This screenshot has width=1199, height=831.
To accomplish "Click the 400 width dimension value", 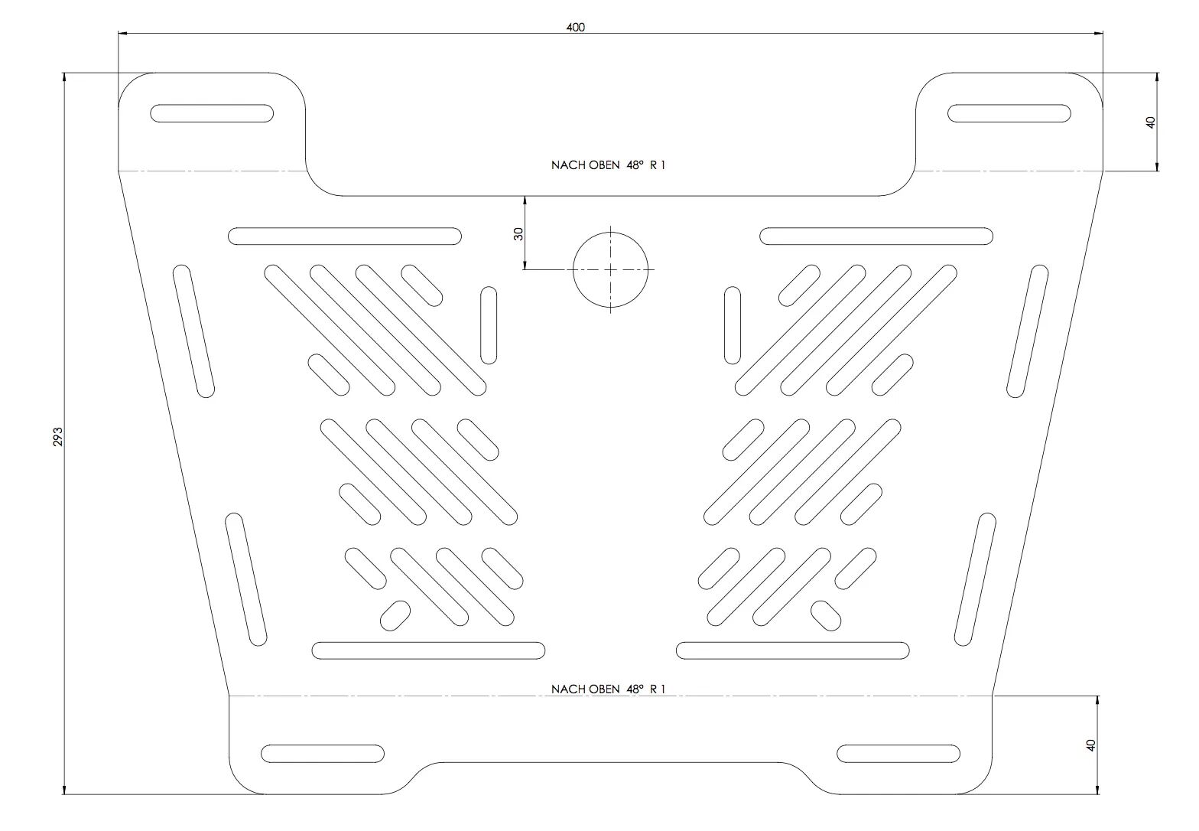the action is [x=575, y=27].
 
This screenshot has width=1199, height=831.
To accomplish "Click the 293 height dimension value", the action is [x=58, y=437].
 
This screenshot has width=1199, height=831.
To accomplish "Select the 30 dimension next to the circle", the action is [x=518, y=233].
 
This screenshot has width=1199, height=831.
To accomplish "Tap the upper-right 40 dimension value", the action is [x=1151, y=122].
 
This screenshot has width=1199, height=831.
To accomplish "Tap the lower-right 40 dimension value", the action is [x=1091, y=745].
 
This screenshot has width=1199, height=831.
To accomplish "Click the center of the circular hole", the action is [x=611, y=269].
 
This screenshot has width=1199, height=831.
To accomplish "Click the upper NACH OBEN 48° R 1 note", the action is [x=608, y=165].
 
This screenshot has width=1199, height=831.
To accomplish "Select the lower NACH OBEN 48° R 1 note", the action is [x=608, y=689].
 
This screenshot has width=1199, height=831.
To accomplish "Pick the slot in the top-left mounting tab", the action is [x=212, y=113].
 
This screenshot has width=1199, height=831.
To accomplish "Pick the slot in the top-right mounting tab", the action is [x=1009, y=113].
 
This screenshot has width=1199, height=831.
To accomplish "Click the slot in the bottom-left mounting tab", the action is [x=323, y=753].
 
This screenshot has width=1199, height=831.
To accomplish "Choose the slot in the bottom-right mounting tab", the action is [x=898, y=753].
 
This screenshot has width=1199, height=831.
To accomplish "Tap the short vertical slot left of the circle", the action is [x=489, y=325].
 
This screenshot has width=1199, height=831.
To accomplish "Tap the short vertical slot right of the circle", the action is [x=733, y=325].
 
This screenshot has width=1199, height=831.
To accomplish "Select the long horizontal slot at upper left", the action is [x=345, y=236].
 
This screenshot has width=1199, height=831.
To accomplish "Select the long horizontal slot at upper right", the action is [x=876, y=236].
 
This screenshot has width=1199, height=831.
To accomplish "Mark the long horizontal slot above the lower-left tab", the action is [x=428, y=650].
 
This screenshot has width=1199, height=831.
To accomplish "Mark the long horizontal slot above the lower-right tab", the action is [x=793, y=650].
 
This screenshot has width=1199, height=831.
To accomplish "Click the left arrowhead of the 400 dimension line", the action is [x=122, y=33].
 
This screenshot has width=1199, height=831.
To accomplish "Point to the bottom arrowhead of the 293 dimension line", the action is [x=64, y=790].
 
